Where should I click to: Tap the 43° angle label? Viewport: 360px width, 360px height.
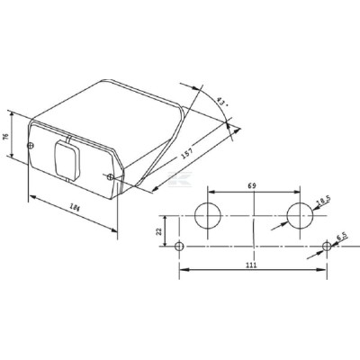[222, 103]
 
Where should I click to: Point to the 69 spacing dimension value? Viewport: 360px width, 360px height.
[252, 185]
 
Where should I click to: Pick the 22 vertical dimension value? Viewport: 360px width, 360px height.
[159, 231]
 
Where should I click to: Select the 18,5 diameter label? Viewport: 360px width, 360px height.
[324, 201]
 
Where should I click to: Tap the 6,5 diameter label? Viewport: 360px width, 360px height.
[342, 237]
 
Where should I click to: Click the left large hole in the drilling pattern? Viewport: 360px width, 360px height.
[208, 215]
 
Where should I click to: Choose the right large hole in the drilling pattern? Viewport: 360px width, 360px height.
[300, 215]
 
